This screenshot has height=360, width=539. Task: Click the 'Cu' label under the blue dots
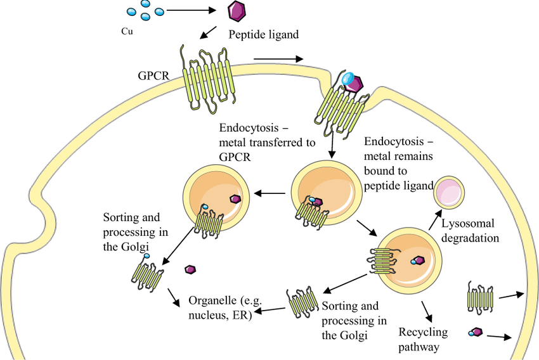click(126, 30)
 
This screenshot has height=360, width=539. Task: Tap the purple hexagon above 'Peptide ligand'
click(237, 10)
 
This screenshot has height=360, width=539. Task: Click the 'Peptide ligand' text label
click(264, 35)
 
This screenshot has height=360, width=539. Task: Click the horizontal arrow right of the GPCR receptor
click(277, 60)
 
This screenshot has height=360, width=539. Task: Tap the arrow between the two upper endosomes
click(269, 194)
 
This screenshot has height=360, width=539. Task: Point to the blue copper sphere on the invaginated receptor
click(347, 78)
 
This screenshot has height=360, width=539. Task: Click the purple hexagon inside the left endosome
click(235, 198)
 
